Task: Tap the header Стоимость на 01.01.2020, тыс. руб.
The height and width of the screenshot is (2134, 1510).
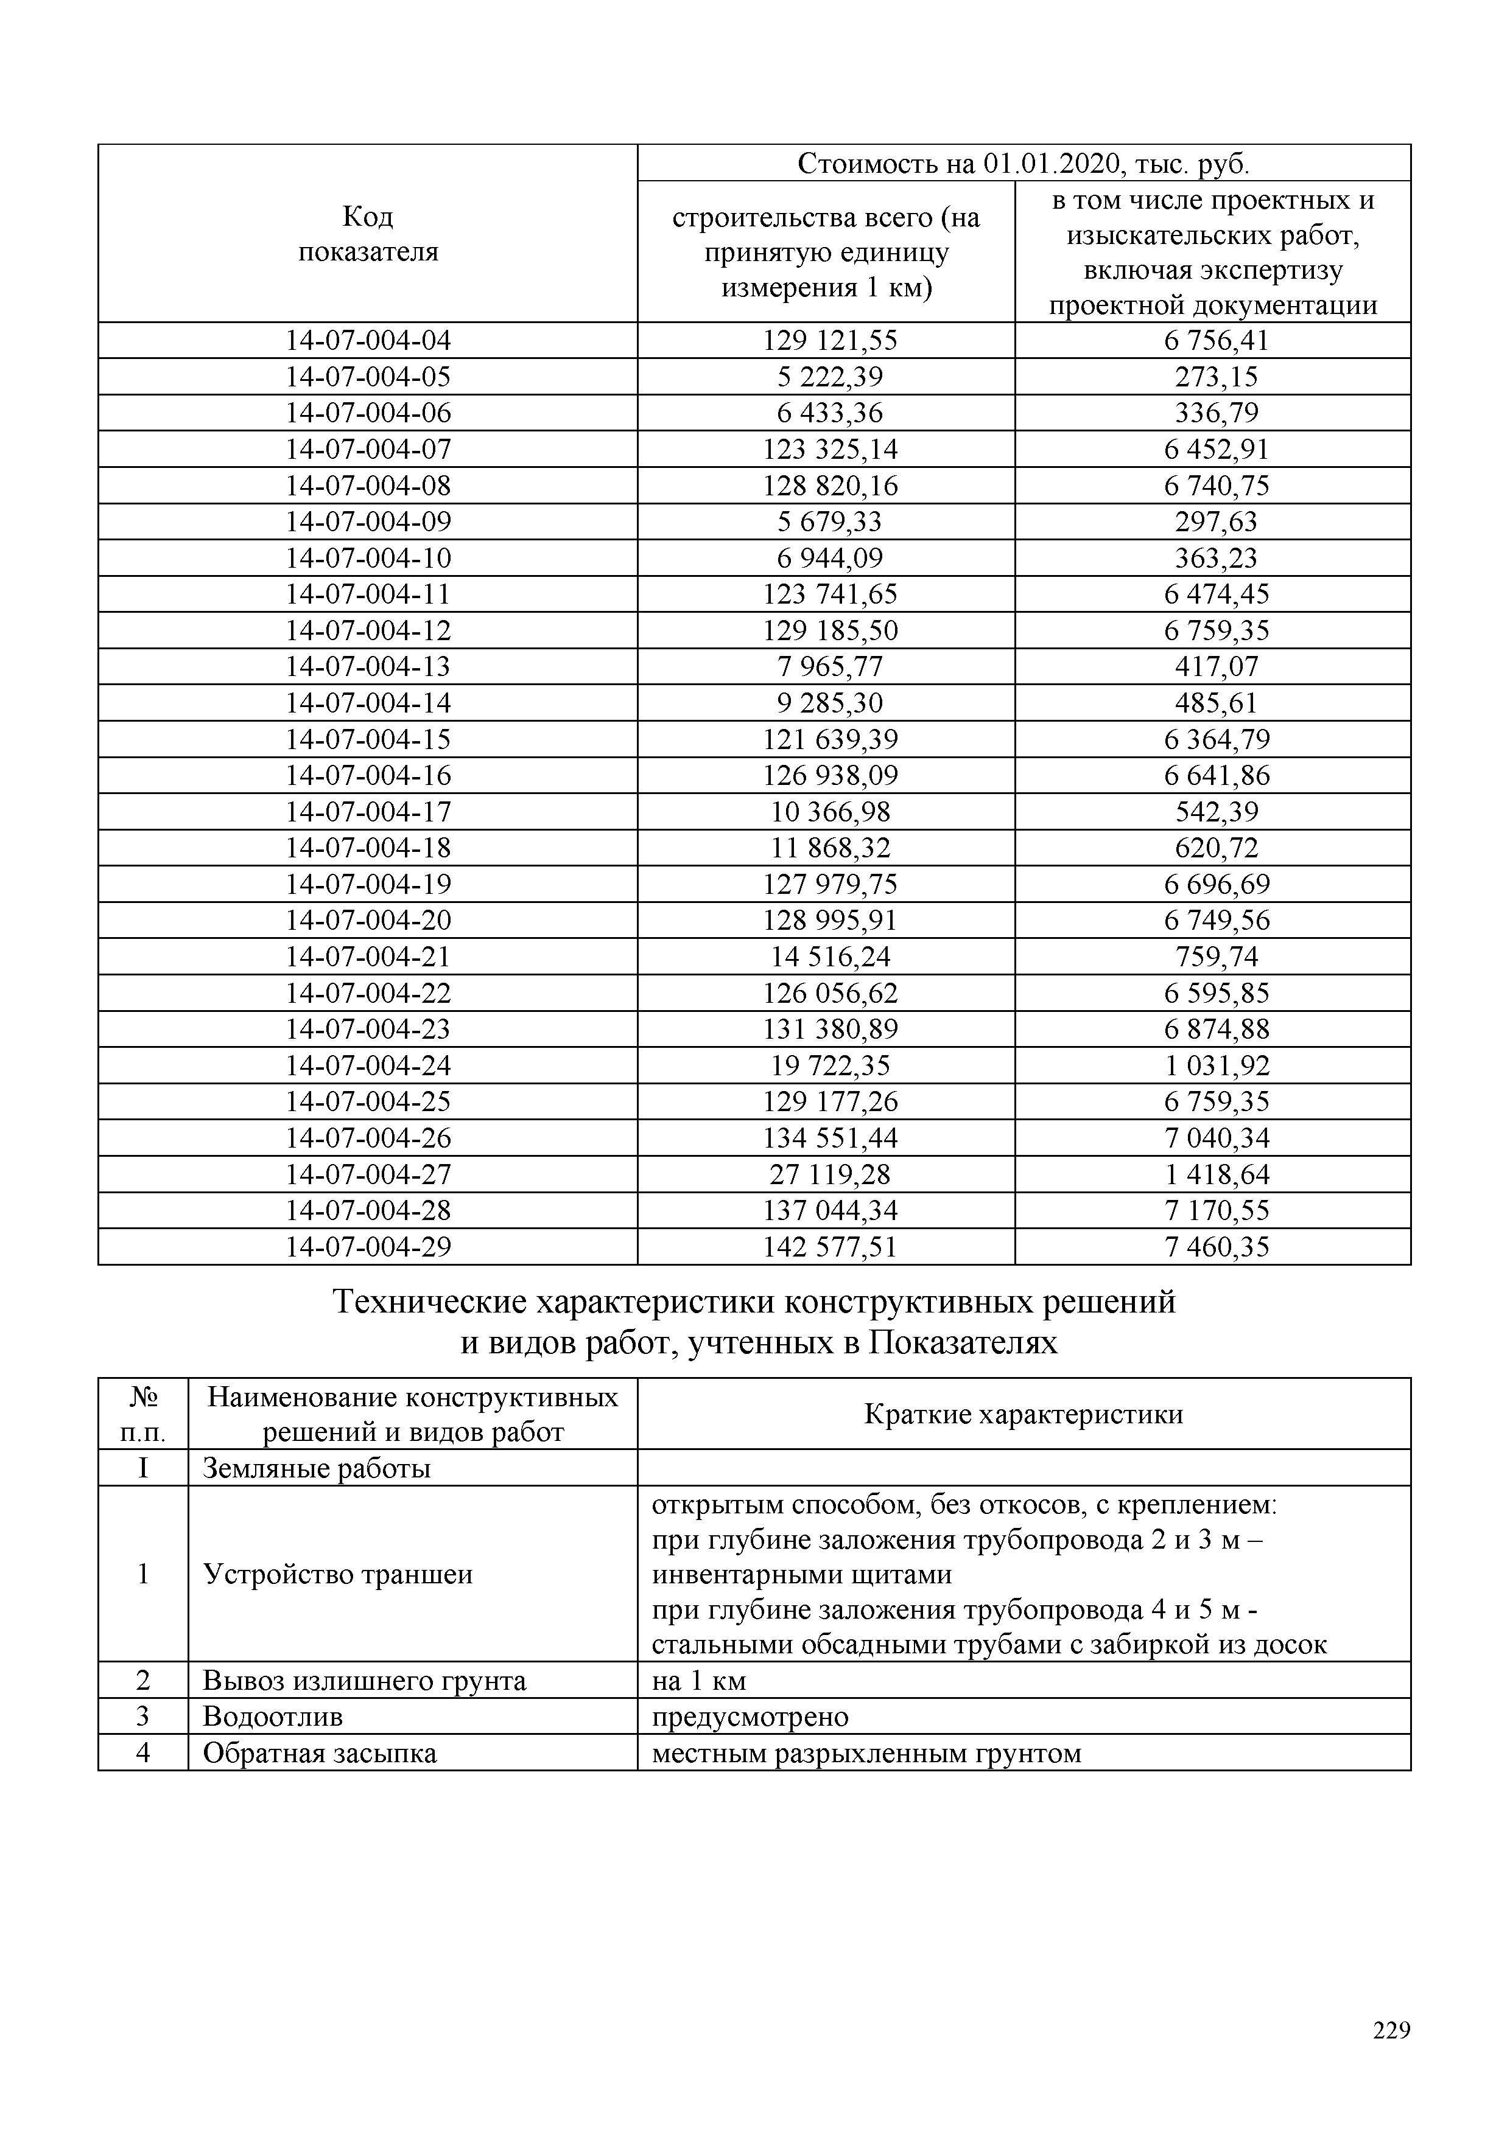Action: click(1024, 164)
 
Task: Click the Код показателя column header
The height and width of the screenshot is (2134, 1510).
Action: click(368, 234)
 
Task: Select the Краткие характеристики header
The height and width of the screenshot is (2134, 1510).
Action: click(1024, 1415)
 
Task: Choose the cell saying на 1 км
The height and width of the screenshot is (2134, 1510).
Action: click(699, 1681)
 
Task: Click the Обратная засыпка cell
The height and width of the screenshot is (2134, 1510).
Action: click(320, 1754)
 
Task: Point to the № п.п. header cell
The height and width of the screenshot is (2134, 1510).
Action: click(143, 1415)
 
